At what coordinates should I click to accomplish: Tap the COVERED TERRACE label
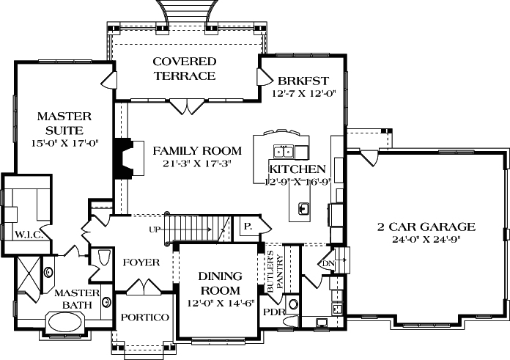[184, 68]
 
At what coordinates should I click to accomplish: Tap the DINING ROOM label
[221, 283]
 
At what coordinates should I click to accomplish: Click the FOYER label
[141, 262]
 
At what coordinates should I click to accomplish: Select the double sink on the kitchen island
[284, 152]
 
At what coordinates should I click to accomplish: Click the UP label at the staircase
[155, 230]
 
